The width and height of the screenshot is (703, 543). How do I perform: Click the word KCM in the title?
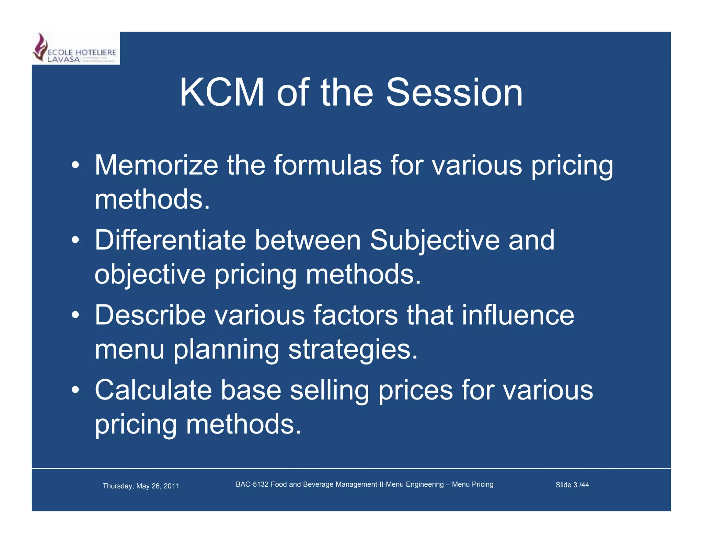(222, 93)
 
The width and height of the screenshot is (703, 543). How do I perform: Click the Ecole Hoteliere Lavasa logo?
(76, 48)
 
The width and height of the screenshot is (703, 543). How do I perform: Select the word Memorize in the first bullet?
(156, 165)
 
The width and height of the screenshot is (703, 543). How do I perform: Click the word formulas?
(327, 165)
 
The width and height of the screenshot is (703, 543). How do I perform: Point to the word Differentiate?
(170, 240)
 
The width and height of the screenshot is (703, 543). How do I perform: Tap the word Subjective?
(435, 240)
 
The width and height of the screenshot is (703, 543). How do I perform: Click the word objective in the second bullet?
(150, 274)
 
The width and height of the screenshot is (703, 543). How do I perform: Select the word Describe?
(150, 315)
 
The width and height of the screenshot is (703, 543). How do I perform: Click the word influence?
(518, 315)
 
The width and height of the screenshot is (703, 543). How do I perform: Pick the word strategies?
(353, 349)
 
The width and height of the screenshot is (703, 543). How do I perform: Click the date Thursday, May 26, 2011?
(141, 486)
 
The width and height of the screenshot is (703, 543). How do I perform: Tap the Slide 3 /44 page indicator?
(572, 485)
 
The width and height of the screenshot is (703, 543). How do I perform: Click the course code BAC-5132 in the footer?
(252, 484)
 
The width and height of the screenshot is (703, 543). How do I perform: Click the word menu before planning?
(129, 349)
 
